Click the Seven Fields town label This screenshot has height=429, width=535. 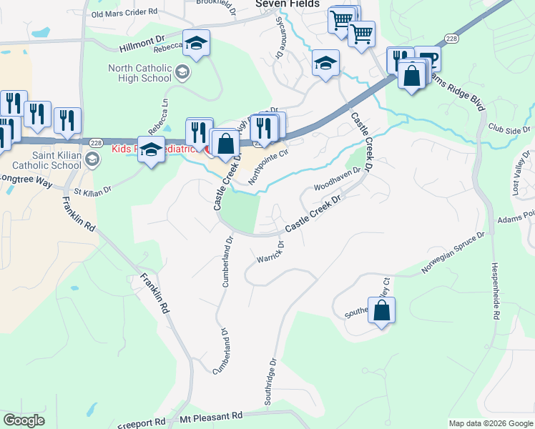pyautogui.click(x=287, y=4)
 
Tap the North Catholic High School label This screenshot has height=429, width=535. pyautogui.click(x=139, y=74)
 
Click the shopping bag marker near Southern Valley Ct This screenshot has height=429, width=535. pyautogui.click(x=382, y=311)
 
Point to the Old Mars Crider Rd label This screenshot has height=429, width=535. pyautogui.click(x=124, y=13)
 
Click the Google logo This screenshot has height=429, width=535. pyautogui.click(x=24, y=420)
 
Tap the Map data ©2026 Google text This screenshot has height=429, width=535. pyautogui.click(x=490, y=423)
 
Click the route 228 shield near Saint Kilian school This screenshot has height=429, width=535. pyautogui.click(x=94, y=143)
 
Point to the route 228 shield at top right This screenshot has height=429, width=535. pyautogui.click(x=451, y=38)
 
